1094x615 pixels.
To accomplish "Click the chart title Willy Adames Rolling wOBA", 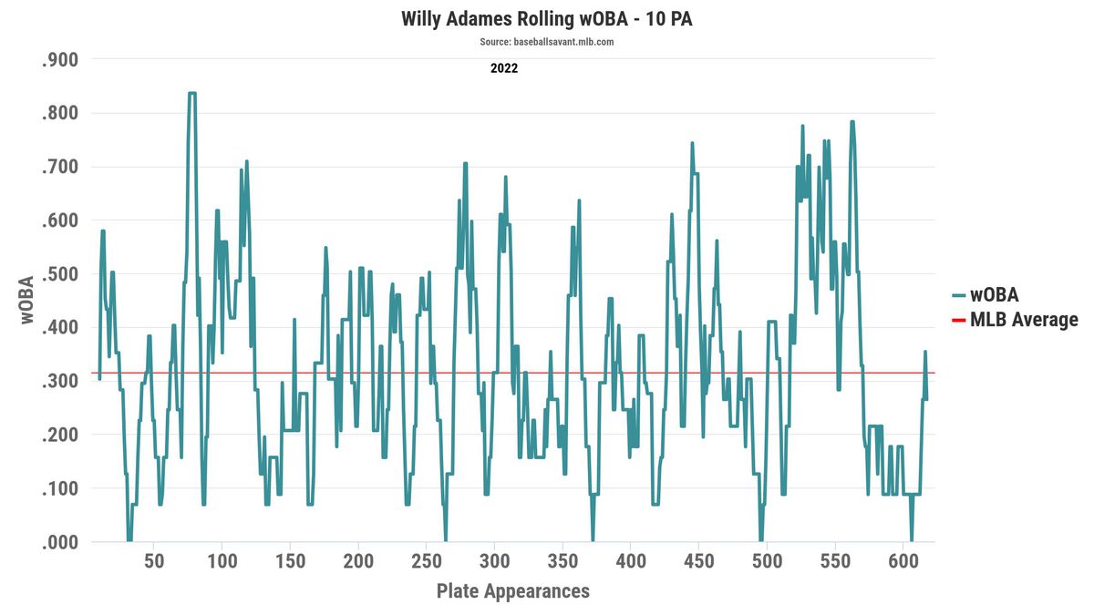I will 547,19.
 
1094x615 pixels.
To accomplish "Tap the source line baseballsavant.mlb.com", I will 547,42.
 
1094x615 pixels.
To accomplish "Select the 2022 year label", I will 504,67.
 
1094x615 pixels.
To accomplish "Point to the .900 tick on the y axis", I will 61,60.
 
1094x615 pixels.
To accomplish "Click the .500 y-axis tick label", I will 61,274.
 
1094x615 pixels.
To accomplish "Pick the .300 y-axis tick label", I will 61,382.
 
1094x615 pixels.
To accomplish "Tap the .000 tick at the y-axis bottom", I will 61,543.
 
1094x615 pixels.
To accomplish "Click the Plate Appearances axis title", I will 513,590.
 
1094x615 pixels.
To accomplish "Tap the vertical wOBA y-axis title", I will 26,300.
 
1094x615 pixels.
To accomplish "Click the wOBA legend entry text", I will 994,295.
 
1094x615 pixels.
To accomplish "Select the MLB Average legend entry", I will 1024,320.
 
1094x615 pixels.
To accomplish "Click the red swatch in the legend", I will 958,320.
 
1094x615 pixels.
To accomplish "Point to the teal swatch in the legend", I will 958,295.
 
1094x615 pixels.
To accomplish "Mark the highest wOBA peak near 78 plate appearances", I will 192,93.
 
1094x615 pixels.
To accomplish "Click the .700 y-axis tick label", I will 61,167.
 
